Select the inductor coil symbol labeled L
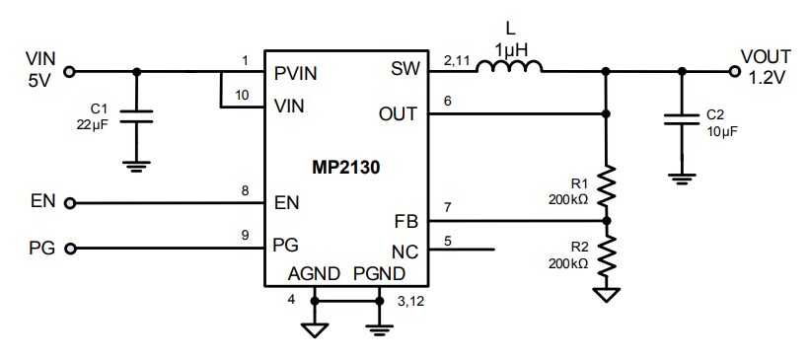(509, 69)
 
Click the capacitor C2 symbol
(680, 122)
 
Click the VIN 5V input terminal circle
(69, 71)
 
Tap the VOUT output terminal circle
(734, 71)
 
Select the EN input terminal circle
(69, 203)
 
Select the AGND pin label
(312, 273)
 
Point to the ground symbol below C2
(680, 178)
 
